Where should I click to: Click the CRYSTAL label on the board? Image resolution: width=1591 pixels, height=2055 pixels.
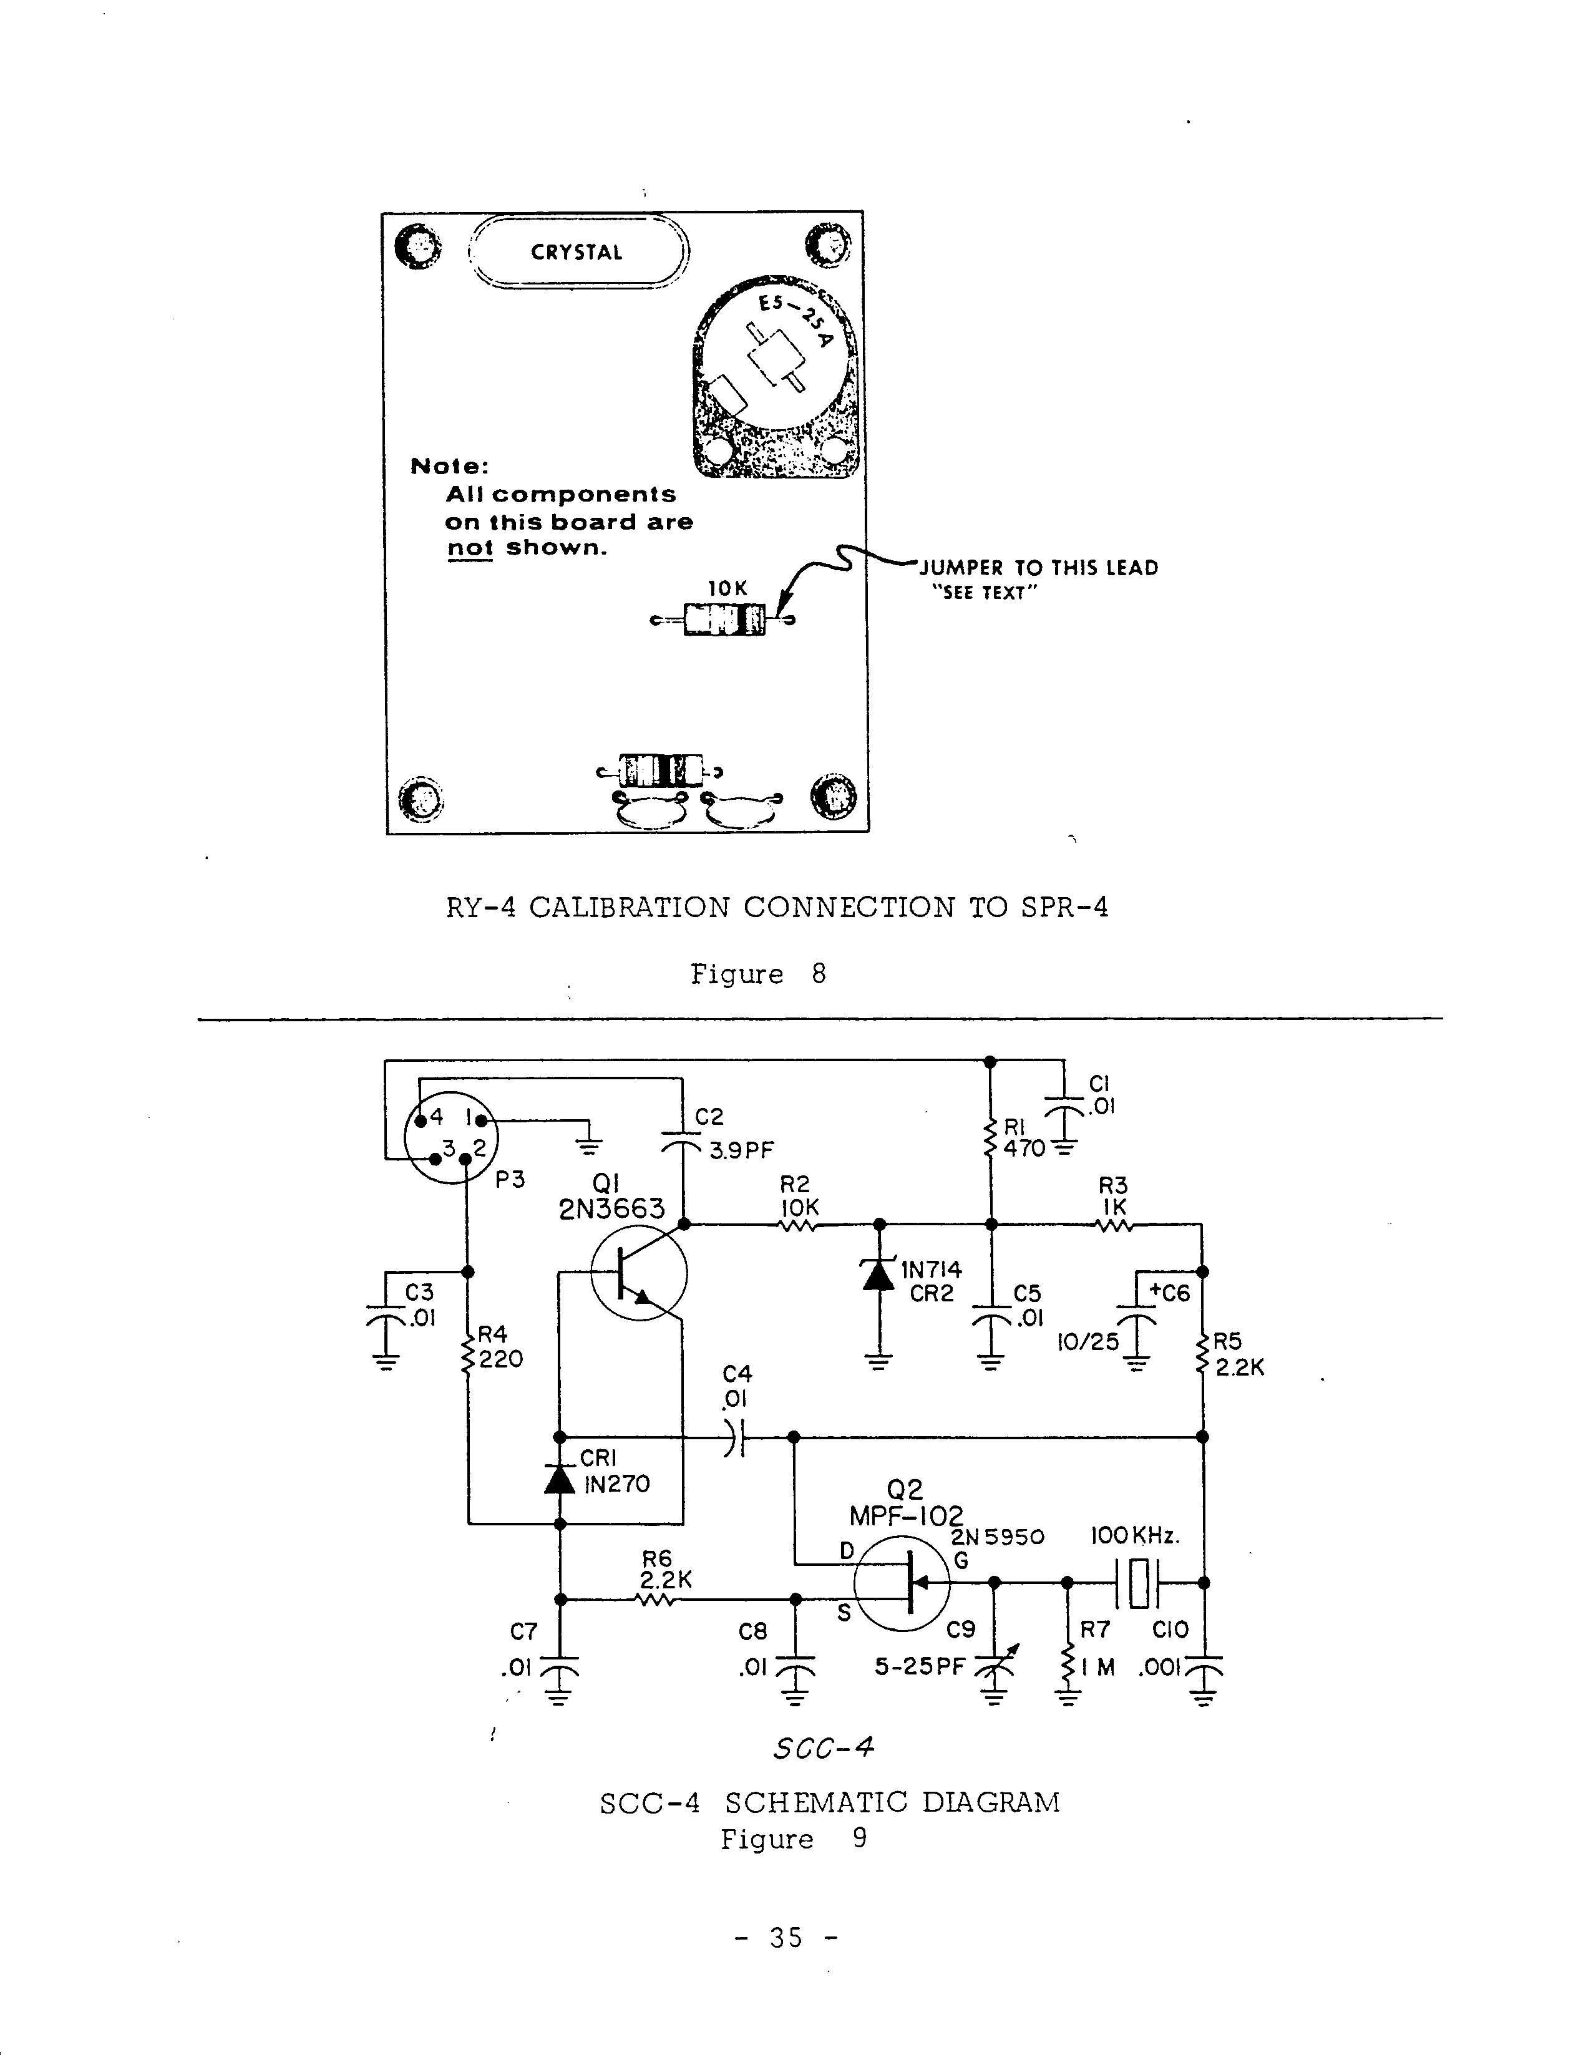point(576,252)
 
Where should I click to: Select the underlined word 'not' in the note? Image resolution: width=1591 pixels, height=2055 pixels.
point(469,548)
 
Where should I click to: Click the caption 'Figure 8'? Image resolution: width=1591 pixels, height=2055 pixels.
point(757,974)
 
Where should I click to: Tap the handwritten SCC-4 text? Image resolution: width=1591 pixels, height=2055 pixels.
point(823,1748)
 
